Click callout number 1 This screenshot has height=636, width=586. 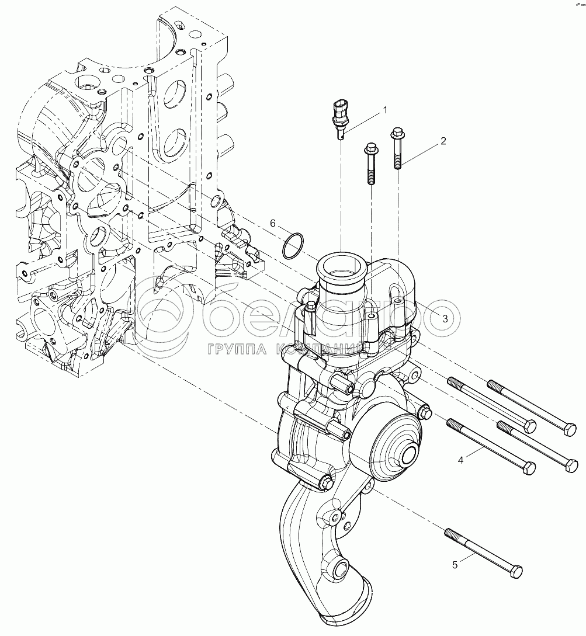tap(384, 109)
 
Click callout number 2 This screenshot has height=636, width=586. tap(443, 141)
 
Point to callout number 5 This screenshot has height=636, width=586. tap(455, 565)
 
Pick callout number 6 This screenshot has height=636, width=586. tap(272, 223)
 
